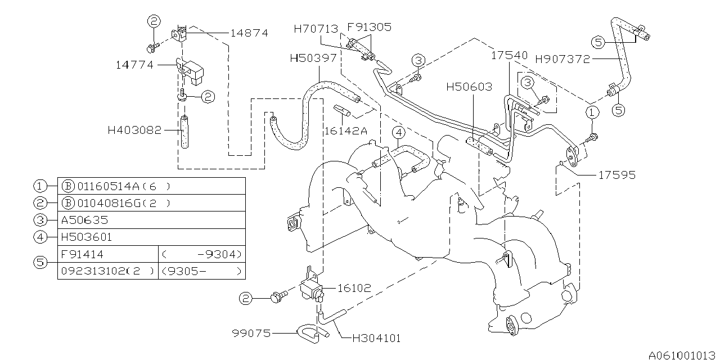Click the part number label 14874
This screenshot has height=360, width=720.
point(249,33)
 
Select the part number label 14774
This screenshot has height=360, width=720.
point(135,65)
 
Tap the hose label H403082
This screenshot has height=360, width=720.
point(134,130)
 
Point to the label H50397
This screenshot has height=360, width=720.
point(313,57)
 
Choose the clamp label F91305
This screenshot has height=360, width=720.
point(369,26)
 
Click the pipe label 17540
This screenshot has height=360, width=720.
point(510,56)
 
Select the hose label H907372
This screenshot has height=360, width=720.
point(562,58)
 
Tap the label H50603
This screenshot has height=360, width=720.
point(469,87)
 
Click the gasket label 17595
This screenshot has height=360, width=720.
point(616,175)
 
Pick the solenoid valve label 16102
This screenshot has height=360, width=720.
point(354,287)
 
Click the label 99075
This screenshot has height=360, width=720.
point(251,334)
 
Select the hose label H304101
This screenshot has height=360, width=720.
point(377,339)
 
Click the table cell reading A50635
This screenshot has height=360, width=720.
point(84,220)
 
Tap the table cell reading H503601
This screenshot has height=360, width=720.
point(87,237)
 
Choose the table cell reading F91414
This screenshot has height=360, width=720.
point(82,254)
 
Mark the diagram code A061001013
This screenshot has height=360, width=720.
point(681,355)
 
